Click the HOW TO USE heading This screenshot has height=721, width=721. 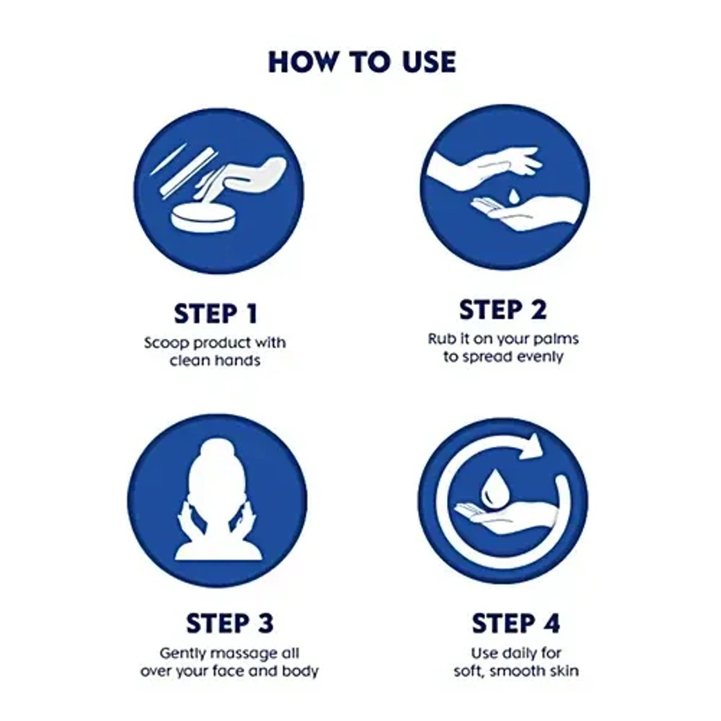tap(362, 62)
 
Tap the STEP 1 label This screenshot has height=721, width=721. tap(216, 314)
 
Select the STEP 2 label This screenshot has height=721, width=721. tap(503, 309)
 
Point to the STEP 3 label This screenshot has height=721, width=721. tap(230, 623)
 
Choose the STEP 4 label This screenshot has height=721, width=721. tap(516, 623)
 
